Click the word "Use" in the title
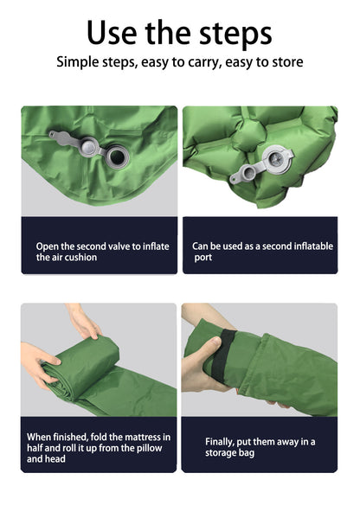point(112,33)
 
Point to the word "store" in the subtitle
point(287,62)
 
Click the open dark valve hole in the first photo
point(117,157)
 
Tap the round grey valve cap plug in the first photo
point(88,147)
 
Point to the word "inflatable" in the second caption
point(313,246)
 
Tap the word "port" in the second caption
point(203,258)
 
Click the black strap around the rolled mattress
point(224,355)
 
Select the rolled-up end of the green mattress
point(81,368)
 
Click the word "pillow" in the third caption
point(148,449)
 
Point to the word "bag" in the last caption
point(247,453)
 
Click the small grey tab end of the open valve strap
point(53,134)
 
